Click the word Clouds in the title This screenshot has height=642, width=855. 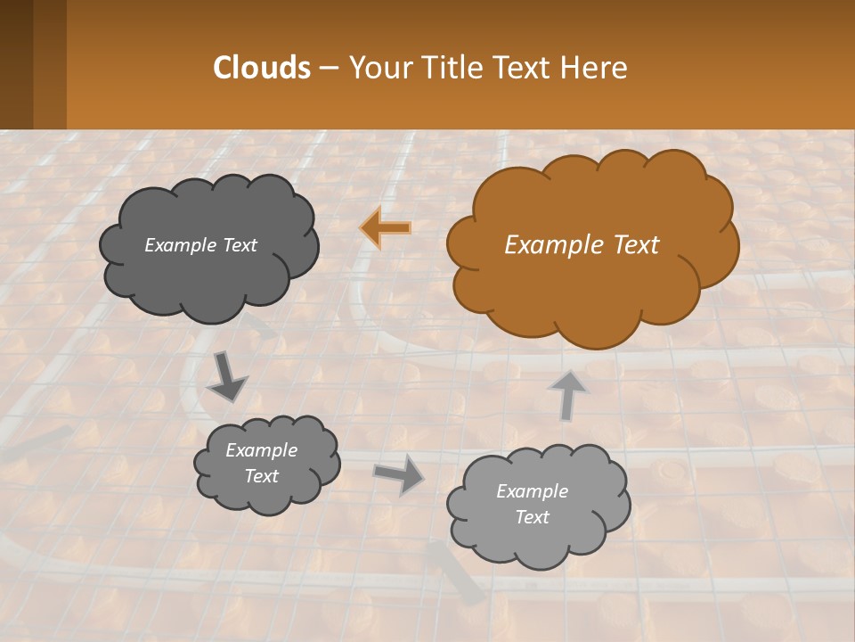point(262,68)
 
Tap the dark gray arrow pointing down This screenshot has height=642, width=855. point(228,376)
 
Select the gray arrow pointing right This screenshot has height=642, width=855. point(399,473)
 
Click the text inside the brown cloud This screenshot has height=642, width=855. point(582,245)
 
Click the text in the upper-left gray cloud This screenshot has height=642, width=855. point(200,245)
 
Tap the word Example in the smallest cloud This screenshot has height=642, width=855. point(261,450)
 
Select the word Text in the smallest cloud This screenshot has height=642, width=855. point(261,476)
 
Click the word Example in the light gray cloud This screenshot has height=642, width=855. point(532,491)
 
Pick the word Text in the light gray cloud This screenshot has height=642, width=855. point(532,517)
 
